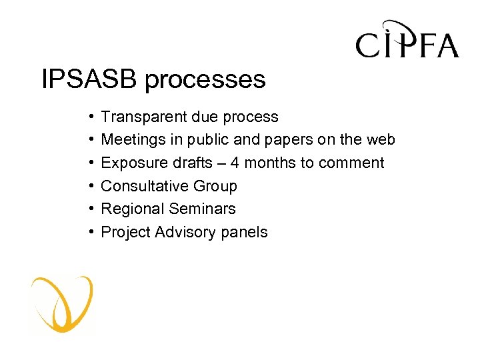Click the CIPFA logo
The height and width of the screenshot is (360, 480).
tap(407, 41)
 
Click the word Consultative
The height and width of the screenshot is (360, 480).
tap(141, 186)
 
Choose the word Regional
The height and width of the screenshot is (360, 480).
tap(131, 209)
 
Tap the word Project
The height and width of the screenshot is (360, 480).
tap(125, 233)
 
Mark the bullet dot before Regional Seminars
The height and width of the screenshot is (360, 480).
tap(89, 209)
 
